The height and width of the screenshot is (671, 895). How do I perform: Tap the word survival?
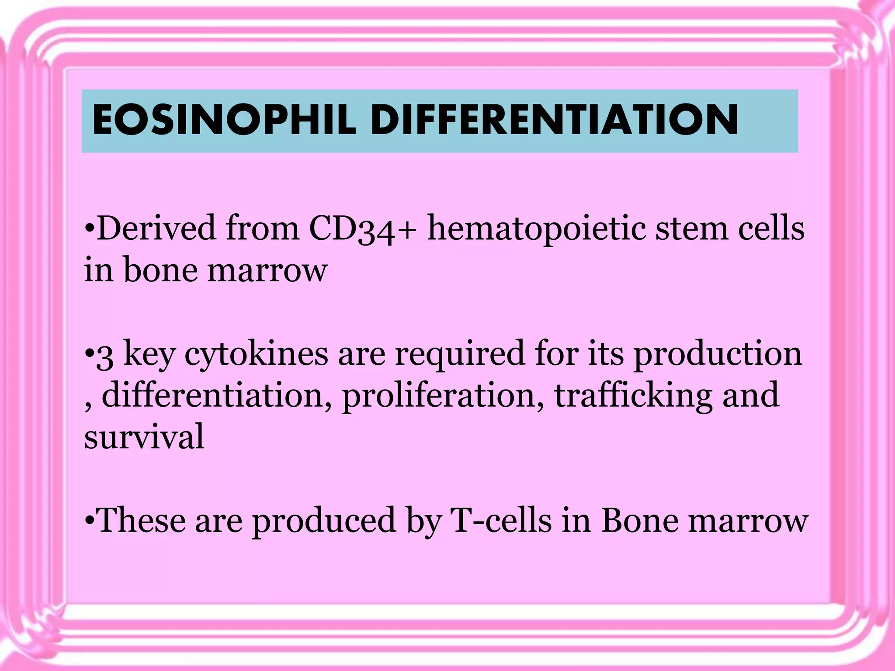pyautogui.click(x=144, y=436)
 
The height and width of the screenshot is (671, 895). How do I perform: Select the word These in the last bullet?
pyautogui.click(x=141, y=521)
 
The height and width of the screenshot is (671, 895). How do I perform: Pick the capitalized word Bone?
pyautogui.click(x=640, y=521)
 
